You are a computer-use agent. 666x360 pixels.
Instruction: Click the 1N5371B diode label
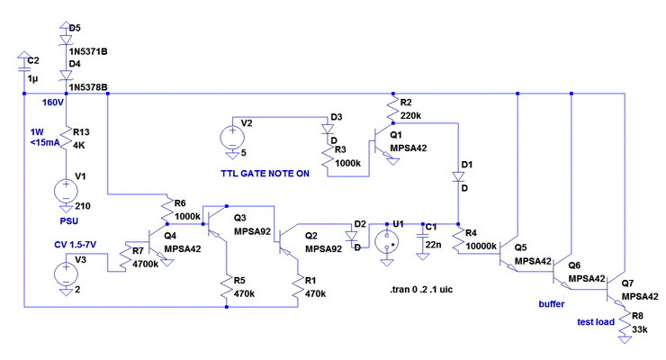(x=87, y=52)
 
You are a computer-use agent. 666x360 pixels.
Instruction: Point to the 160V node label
(x=53, y=103)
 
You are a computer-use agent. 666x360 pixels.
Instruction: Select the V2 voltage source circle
(x=230, y=138)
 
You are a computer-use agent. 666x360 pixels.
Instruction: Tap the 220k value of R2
(x=411, y=115)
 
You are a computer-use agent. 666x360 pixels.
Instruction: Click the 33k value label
(x=640, y=330)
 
